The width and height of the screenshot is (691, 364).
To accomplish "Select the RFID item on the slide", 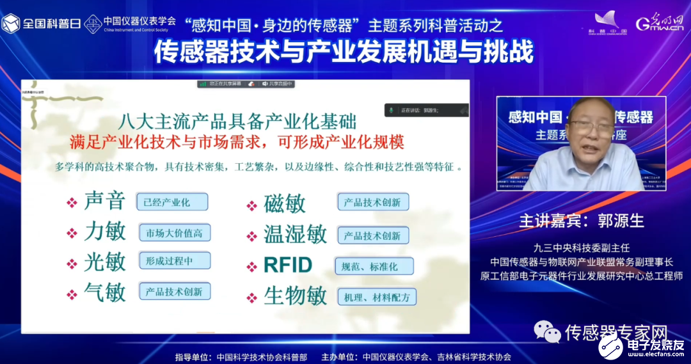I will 288,265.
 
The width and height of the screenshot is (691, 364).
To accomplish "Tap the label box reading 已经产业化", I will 172,202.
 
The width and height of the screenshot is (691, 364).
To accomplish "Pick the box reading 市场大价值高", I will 175,233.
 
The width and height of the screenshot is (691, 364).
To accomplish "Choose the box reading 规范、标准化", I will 374,266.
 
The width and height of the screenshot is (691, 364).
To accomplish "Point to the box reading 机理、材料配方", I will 377,297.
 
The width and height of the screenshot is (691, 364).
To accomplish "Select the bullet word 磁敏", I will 285,203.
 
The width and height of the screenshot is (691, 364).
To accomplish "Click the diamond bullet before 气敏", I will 72,294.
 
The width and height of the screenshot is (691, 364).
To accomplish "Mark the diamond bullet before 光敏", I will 72,263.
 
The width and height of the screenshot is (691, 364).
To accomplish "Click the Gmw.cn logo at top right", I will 658,24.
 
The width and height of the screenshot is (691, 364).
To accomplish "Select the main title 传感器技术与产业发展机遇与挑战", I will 344,52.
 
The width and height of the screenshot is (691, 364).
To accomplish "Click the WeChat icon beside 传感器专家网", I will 546,331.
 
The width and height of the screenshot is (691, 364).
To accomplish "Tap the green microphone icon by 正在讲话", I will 390,111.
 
